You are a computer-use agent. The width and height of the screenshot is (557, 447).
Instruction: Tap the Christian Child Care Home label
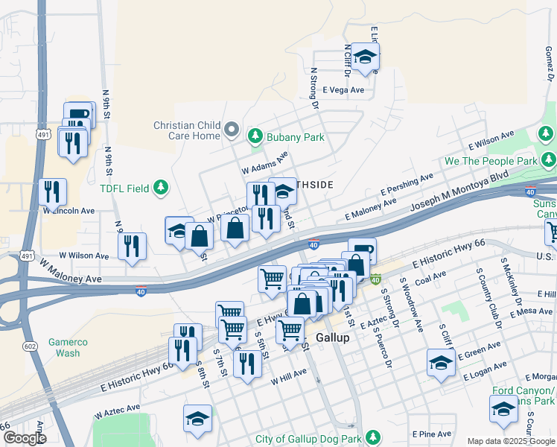[187, 130]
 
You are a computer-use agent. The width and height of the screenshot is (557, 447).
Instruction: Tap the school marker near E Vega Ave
[365, 57]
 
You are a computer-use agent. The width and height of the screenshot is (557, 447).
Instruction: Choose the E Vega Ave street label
[343, 89]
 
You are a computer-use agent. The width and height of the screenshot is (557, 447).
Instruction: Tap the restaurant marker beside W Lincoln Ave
[52, 192]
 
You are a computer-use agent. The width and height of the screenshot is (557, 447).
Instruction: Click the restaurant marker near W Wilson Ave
[132, 247]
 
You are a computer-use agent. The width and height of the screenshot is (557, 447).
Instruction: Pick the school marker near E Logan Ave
[441, 363]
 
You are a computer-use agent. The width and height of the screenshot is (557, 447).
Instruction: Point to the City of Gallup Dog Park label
[312, 439]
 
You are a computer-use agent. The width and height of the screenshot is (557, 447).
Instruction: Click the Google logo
[25, 438]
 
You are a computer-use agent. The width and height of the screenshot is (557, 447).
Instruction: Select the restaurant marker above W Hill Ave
[246, 364]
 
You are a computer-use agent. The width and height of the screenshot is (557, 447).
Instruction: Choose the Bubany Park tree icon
[255, 136]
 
